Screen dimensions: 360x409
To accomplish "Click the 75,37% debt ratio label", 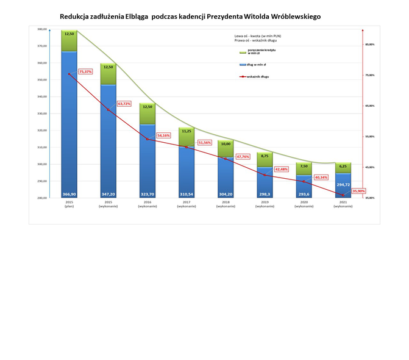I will point(85,71).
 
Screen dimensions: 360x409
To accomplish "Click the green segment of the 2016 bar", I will point(148,114).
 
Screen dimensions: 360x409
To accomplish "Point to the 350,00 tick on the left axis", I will point(42,79).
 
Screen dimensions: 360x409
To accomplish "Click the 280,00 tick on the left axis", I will point(42,198).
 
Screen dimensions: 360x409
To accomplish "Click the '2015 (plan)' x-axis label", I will point(69,204).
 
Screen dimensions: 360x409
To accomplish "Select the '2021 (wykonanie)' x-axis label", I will point(343,204).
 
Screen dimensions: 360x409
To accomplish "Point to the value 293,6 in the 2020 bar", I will point(304,193).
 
